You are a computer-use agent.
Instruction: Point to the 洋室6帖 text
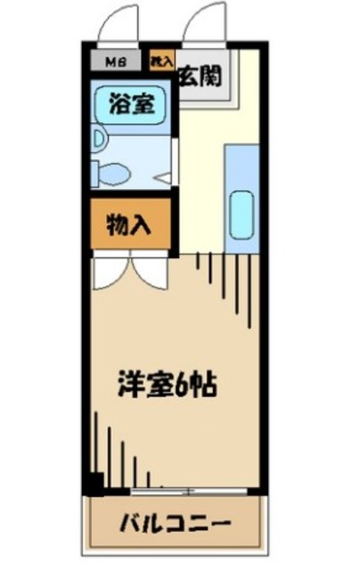(168, 386)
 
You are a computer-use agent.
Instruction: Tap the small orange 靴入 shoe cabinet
(160, 61)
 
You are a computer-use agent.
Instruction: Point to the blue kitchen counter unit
(241, 196)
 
